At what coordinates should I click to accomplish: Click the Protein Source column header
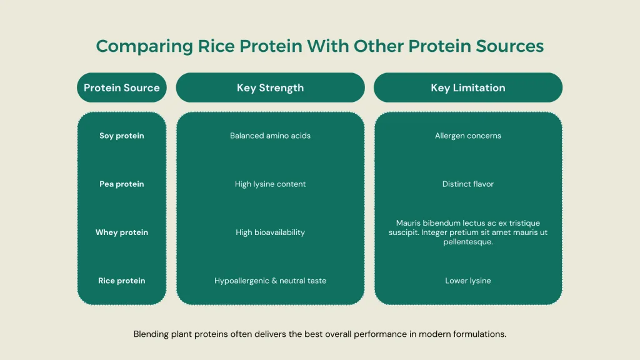click(122, 87)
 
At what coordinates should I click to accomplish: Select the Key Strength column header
click(270, 87)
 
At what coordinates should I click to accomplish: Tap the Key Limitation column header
click(467, 87)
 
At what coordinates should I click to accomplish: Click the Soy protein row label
click(122, 136)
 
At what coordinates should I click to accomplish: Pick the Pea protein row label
click(122, 184)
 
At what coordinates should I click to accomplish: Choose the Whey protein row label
click(122, 232)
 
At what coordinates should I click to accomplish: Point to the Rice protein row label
click(122, 281)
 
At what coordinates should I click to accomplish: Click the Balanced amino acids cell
click(270, 136)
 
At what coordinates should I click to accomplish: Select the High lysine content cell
click(270, 184)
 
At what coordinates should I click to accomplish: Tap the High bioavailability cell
click(270, 232)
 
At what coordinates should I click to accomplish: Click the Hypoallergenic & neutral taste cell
click(270, 281)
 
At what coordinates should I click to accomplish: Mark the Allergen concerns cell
click(467, 136)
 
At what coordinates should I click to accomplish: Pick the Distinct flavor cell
click(467, 184)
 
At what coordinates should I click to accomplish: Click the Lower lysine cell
click(467, 281)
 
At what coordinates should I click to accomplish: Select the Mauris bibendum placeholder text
click(467, 232)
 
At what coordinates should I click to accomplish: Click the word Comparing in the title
click(134, 46)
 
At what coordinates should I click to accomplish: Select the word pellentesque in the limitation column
click(467, 242)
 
